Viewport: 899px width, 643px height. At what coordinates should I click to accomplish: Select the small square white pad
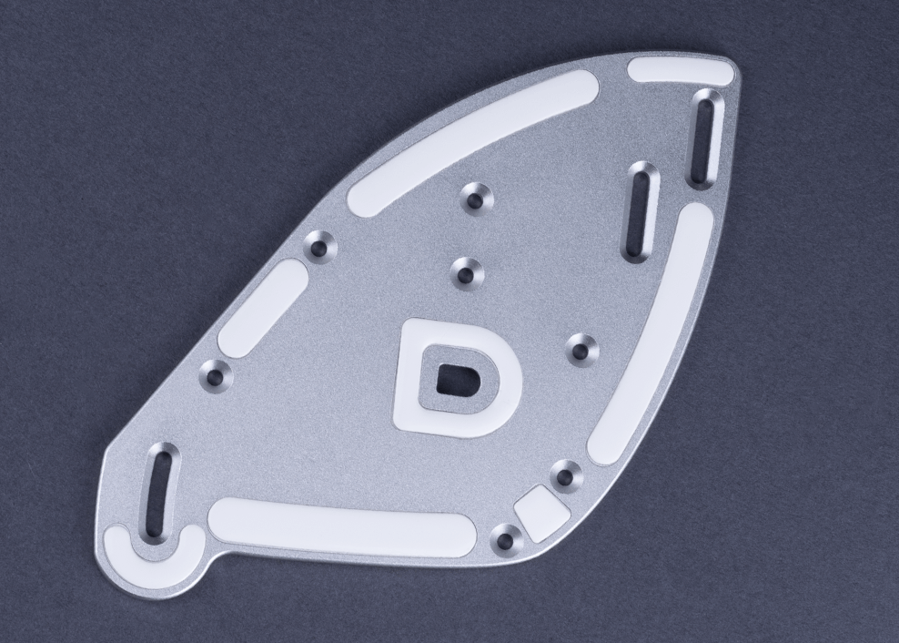[541, 515]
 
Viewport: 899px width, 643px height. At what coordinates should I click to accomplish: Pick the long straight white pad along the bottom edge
[341, 530]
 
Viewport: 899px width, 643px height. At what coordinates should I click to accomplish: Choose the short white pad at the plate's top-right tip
[680, 71]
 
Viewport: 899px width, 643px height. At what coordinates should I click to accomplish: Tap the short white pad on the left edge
[262, 308]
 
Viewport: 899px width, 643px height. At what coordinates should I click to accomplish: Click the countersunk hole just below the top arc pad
[476, 196]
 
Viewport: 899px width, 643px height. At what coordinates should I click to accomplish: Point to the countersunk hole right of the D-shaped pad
[581, 348]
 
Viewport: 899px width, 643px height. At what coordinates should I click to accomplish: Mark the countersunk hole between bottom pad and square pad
[505, 541]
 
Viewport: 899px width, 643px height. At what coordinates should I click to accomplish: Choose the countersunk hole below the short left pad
[215, 373]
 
